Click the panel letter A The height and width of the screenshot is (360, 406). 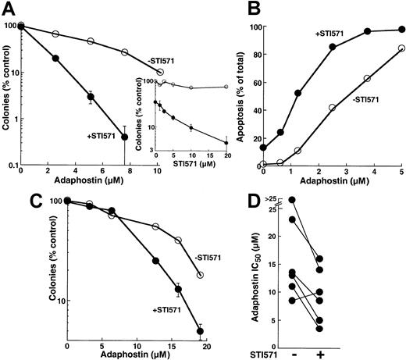tap(9, 9)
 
